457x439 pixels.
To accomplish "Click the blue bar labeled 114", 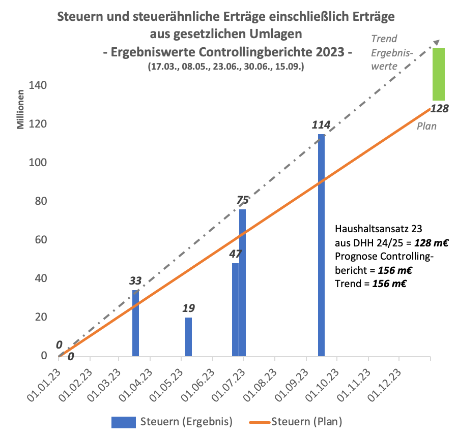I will click(321, 245).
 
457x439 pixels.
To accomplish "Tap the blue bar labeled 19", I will click(188, 336).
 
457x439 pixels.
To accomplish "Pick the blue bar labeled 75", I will click(243, 283).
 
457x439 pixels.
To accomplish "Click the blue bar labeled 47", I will click(235, 309).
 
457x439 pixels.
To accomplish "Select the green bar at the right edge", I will click(438, 74).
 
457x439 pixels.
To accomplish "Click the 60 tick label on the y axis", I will click(43, 240).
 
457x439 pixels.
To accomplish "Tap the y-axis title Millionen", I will click(21, 109).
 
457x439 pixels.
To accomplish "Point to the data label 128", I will click(439, 108).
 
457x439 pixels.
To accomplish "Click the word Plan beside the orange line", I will click(426, 126).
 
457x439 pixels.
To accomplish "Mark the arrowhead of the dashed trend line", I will click(436, 42).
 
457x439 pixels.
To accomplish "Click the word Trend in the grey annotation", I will click(384, 39).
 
